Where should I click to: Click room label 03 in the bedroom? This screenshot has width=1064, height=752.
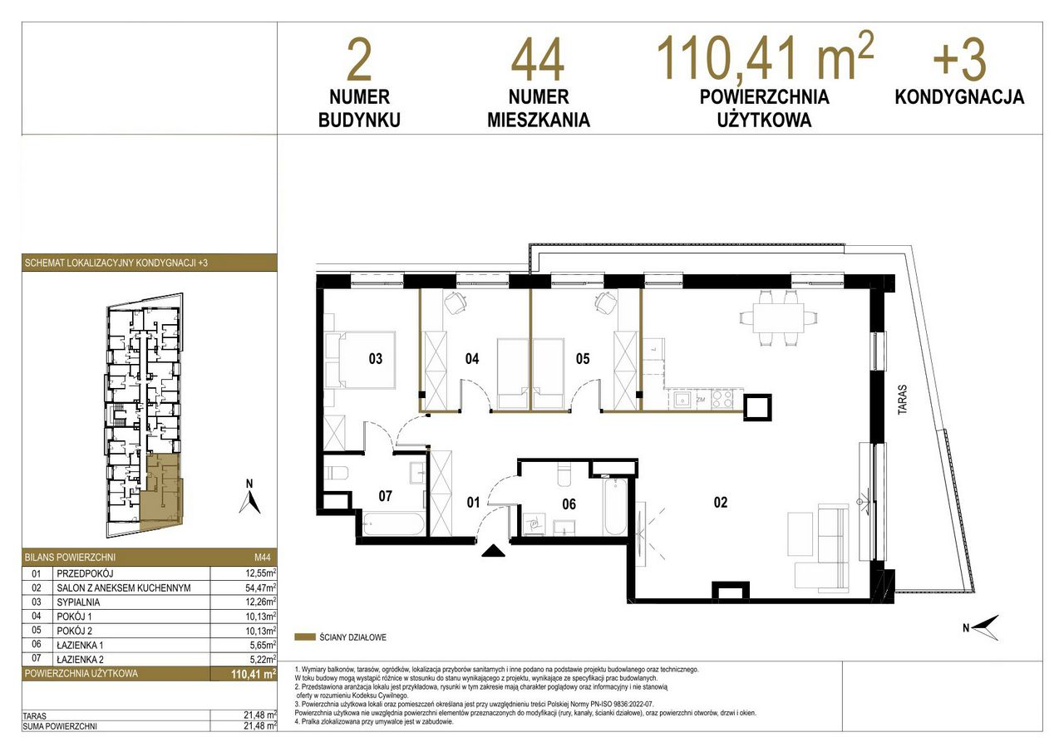[x=375, y=358]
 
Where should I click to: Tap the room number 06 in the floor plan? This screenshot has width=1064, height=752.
[x=569, y=504]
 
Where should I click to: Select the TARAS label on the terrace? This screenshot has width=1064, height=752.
[x=902, y=400]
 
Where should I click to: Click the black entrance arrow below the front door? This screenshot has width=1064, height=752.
[x=493, y=551]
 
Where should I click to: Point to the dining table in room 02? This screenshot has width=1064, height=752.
[x=778, y=318]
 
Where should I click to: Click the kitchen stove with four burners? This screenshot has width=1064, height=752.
[x=722, y=400]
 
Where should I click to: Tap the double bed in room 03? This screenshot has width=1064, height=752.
[x=361, y=361]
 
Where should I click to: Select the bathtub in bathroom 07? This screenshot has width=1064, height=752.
[x=393, y=524]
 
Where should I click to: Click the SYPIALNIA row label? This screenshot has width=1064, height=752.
[x=78, y=602]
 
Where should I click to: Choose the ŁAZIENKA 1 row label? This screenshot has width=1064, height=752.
[x=80, y=645]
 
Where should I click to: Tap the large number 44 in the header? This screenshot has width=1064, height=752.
[x=538, y=61]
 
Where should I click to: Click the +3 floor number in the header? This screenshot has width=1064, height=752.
[x=959, y=61]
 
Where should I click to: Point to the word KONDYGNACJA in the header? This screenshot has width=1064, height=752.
[x=959, y=97]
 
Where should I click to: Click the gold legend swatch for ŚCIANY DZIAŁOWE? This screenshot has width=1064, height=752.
[x=305, y=637]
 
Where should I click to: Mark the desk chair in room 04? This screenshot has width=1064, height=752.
[x=455, y=302]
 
